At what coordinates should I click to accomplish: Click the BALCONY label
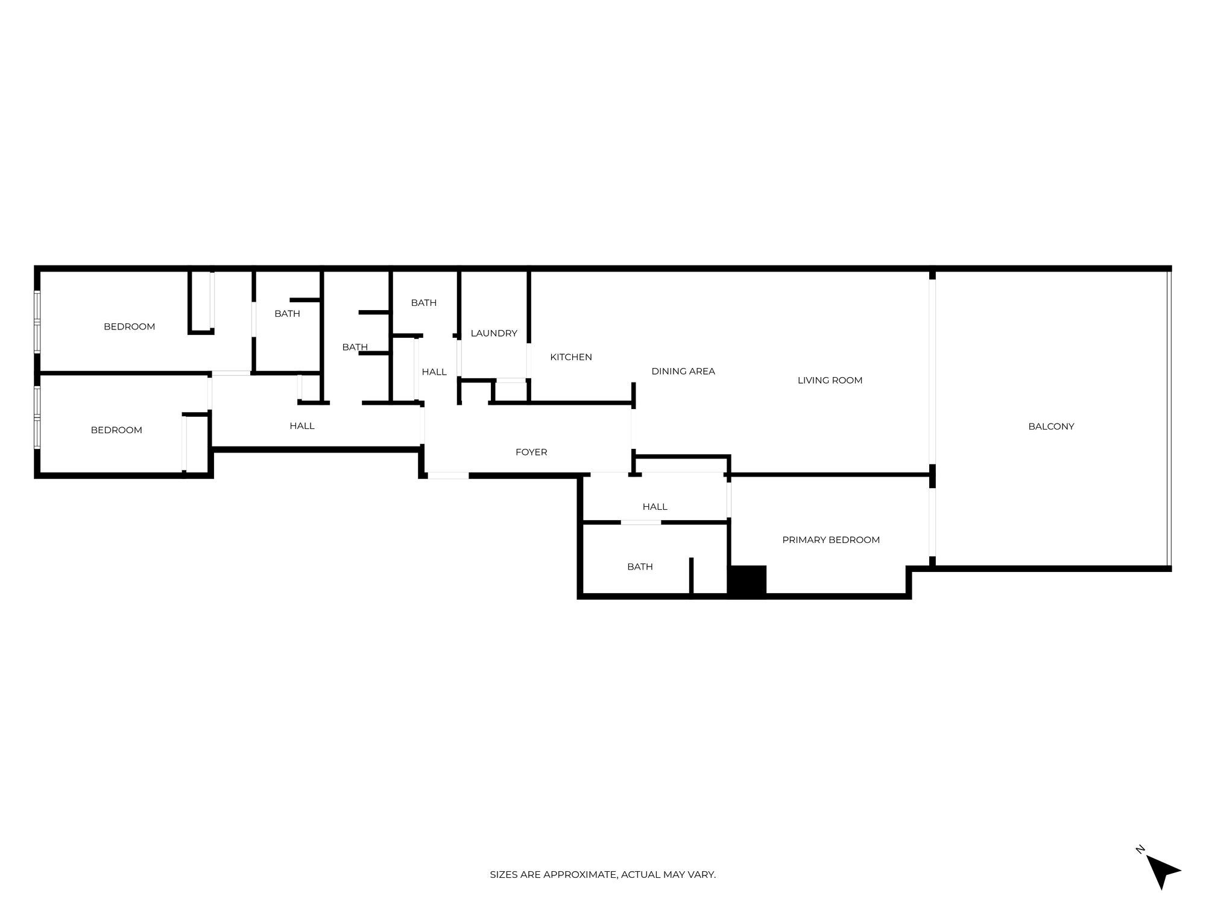click(x=1051, y=427)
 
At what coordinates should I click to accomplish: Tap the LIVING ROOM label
click(x=830, y=380)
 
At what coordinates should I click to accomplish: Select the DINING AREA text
click(x=683, y=371)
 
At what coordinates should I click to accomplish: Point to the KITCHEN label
click(x=571, y=357)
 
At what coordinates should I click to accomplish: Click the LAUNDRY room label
click(x=494, y=333)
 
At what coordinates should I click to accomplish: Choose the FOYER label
click(x=531, y=452)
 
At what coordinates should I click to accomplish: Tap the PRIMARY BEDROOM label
click(x=831, y=540)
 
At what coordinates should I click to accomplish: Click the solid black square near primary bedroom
click(x=748, y=580)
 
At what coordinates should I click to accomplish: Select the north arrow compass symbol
click(x=1162, y=871)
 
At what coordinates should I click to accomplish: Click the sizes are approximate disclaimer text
click(x=602, y=874)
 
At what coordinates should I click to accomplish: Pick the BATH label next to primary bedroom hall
click(x=640, y=567)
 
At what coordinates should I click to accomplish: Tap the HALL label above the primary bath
click(x=655, y=507)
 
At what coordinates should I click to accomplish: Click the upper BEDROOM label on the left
click(x=129, y=326)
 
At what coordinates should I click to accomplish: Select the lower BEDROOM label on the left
click(x=116, y=430)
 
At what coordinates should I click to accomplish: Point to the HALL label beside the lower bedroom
click(x=302, y=426)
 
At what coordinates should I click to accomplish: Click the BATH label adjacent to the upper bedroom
click(x=287, y=313)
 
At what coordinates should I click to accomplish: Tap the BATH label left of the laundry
click(x=423, y=303)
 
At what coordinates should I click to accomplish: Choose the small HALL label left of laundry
click(x=434, y=372)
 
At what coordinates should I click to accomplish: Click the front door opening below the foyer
click(x=448, y=475)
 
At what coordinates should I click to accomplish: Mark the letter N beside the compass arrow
click(x=1140, y=849)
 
